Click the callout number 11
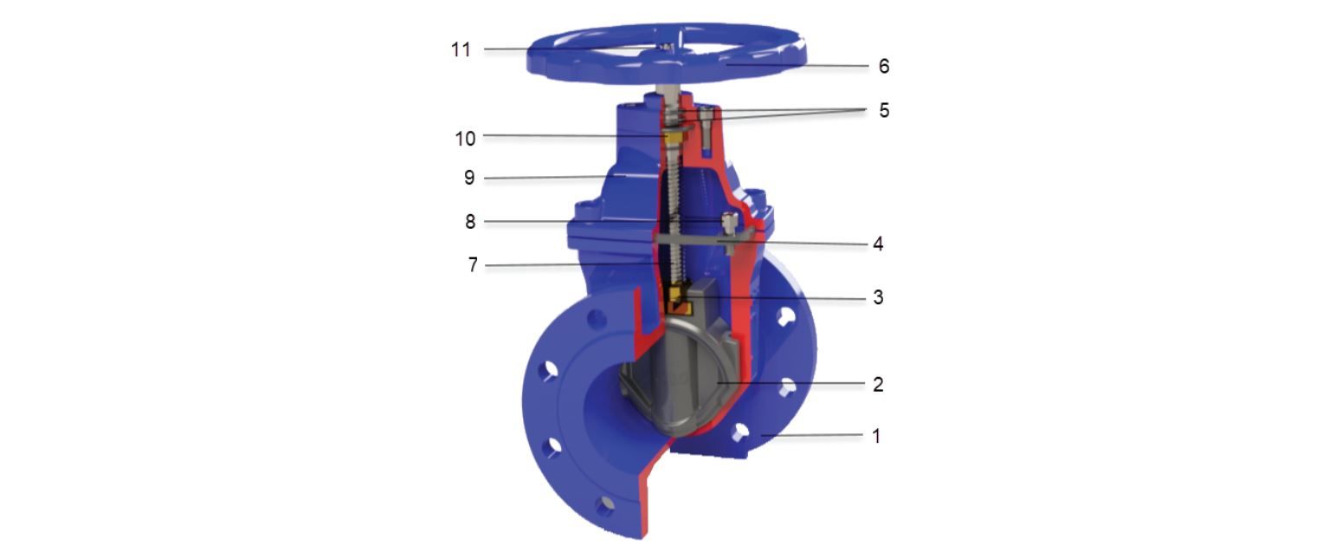[461, 49]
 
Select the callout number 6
[884, 66]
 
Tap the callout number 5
[884, 110]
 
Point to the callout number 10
[465, 139]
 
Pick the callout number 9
[469, 178]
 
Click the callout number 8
[470, 222]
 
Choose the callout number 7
[473, 264]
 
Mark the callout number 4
[878, 244]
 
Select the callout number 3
[878, 297]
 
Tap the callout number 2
[878, 384]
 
